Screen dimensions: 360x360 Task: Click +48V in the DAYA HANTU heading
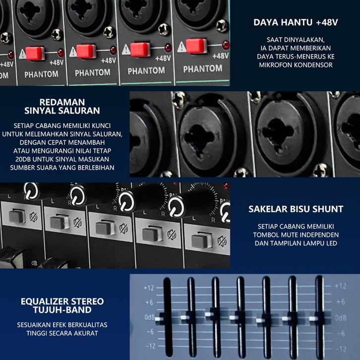pos(327,22)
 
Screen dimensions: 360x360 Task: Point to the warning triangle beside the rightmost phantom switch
pos(181,47)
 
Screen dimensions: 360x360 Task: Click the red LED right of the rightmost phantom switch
pos(226,45)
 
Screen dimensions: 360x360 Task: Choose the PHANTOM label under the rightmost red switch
pos(203,68)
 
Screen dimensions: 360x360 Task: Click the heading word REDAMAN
pos(62,102)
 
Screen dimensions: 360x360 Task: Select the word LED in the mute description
pos(332,243)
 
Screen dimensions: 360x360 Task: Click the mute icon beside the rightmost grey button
pos(222,241)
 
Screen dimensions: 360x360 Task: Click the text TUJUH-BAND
pos(62,310)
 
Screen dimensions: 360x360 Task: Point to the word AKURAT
pos(85,333)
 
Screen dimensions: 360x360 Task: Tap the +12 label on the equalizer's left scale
pos(149,288)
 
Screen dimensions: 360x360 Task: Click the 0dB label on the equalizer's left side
pos(149,317)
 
